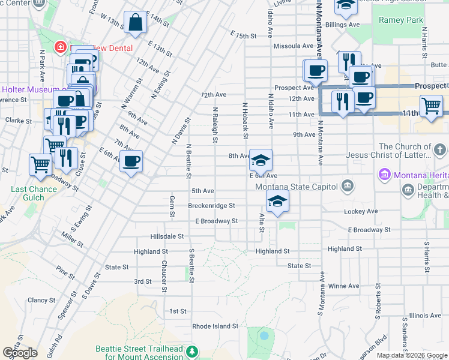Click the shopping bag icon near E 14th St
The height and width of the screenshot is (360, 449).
[136, 23]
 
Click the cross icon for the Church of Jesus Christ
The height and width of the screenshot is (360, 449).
[439, 149]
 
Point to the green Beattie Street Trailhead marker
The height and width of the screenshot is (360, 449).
[192, 351]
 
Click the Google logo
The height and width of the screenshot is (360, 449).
[20, 353]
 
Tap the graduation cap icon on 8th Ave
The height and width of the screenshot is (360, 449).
[261, 160]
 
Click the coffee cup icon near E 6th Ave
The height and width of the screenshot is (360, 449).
[131, 161]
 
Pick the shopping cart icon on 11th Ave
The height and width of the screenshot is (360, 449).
[431, 107]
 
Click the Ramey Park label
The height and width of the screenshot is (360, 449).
[400, 20]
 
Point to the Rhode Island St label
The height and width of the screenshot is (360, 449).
[215, 327]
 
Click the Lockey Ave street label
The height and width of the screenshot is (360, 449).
[361, 211]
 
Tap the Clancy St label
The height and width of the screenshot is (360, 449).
[41, 300]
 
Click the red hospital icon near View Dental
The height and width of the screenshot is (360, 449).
[60, 47]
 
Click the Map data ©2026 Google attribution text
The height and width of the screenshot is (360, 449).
[412, 355]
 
